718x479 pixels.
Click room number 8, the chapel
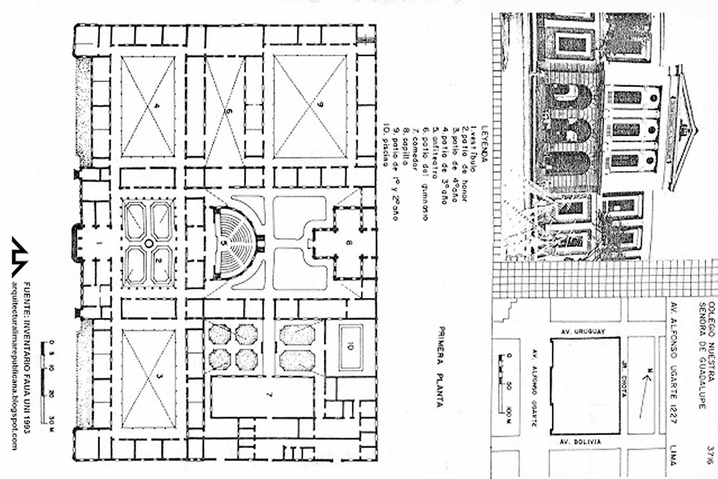(x=348, y=243)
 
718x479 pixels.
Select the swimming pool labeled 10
(x=350, y=346)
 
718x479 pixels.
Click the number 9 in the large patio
(x=321, y=105)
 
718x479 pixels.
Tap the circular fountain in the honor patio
(x=148, y=244)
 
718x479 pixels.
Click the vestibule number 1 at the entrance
(x=99, y=243)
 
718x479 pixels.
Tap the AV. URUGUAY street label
(x=583, y=331)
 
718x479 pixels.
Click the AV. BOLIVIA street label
(x=580, y=442)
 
